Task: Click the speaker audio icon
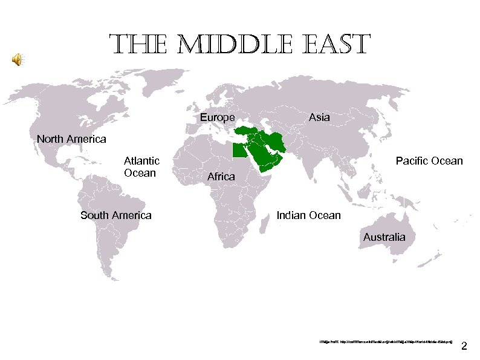tap(18, 59)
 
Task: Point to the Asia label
tap(319, 117)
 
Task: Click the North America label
tap(71, 140)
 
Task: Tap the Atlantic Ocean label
tap(141, 167)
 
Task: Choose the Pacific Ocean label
tap(429, 161)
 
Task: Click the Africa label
tap(221, 177)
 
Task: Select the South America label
tap(115, 215)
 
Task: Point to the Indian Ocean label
tap(308, 215)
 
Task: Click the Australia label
tap(384, 237)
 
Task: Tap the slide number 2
tap(464, 347)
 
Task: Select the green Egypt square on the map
tap(239, 151)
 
